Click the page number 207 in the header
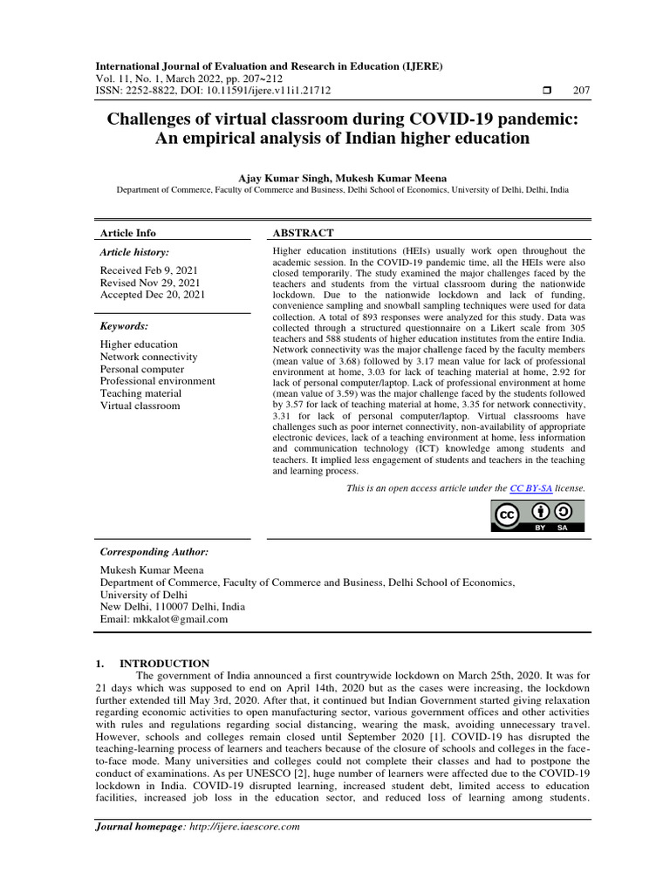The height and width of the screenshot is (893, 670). click(580, 91)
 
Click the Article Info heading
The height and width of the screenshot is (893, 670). click(128, 233)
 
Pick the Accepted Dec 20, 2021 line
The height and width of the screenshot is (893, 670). click(153, 295)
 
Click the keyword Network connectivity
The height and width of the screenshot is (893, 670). click(148, 357)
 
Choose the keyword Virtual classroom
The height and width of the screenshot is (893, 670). click(140, 406)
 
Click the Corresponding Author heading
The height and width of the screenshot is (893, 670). click(154, 552)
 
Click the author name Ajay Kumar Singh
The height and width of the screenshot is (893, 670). click(277, 178)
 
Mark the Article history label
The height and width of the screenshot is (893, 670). click(135, 252)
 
